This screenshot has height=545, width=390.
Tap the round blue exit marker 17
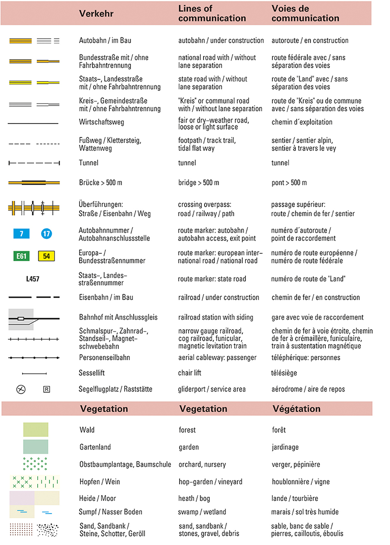click(46, 234)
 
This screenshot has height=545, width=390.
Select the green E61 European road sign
click(21, 256)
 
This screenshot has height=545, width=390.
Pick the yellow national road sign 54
click(46, 256)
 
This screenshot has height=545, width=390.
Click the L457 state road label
click(33, 279)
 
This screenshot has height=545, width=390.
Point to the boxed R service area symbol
click(46, 389)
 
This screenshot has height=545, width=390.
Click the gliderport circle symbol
click(21, 389)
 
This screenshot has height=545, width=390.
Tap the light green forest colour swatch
click(35, 430)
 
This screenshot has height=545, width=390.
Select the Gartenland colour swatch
click(35, 447)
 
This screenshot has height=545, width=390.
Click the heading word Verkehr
click(96, 14)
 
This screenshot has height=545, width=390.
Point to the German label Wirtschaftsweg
click(101, 122)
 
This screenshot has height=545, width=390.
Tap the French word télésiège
click(284, 373)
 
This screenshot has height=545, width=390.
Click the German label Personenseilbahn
click(105, 357)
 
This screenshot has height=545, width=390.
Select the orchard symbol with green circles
click(35, 464)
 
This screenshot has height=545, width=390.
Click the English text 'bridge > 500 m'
click(199, 183)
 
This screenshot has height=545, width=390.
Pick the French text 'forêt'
click(279, 430)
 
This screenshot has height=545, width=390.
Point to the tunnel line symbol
click(34, 163)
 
